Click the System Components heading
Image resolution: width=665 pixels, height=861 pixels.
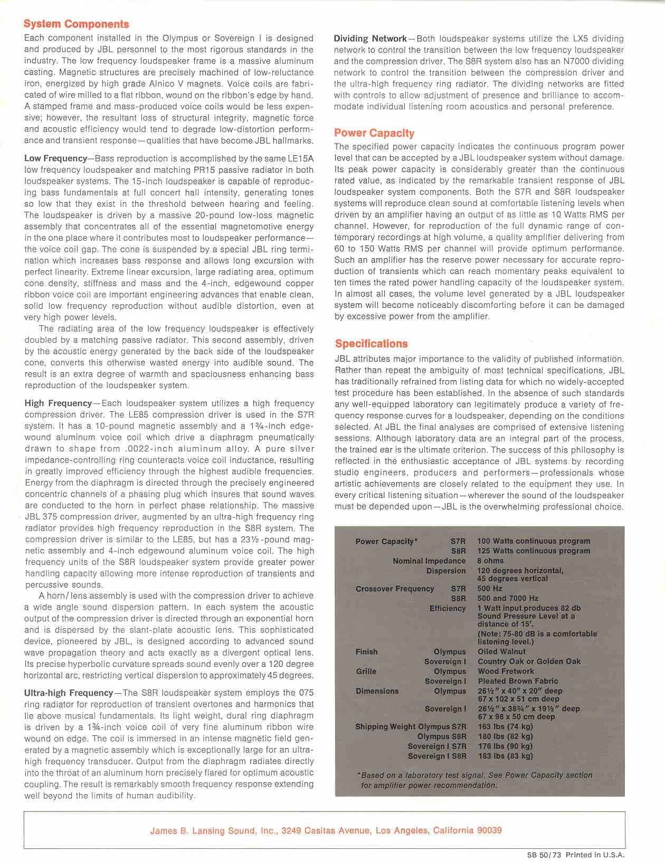77,24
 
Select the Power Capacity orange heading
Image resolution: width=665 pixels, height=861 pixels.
374,133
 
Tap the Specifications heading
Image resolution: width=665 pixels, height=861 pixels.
372,344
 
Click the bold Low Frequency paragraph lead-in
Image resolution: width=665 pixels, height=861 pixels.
55,158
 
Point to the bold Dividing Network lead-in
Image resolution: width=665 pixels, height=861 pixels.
370,39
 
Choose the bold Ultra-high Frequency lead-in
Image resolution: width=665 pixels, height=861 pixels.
69,693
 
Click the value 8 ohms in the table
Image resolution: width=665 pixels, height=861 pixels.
490,561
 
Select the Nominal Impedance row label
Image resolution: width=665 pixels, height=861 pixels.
429,561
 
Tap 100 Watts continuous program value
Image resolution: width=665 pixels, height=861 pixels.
534,541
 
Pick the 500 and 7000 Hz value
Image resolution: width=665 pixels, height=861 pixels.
508,598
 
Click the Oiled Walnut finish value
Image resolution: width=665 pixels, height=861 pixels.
501,651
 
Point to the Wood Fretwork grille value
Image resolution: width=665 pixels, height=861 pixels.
506,671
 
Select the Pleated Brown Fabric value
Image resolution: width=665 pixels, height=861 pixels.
518,681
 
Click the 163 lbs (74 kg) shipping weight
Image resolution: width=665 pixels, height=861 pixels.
505,727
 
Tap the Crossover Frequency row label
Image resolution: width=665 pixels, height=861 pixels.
395,589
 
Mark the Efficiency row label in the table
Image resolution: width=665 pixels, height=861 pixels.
448,608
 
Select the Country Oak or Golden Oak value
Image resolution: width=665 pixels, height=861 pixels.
529,661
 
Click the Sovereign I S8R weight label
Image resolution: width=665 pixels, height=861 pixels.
436,756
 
